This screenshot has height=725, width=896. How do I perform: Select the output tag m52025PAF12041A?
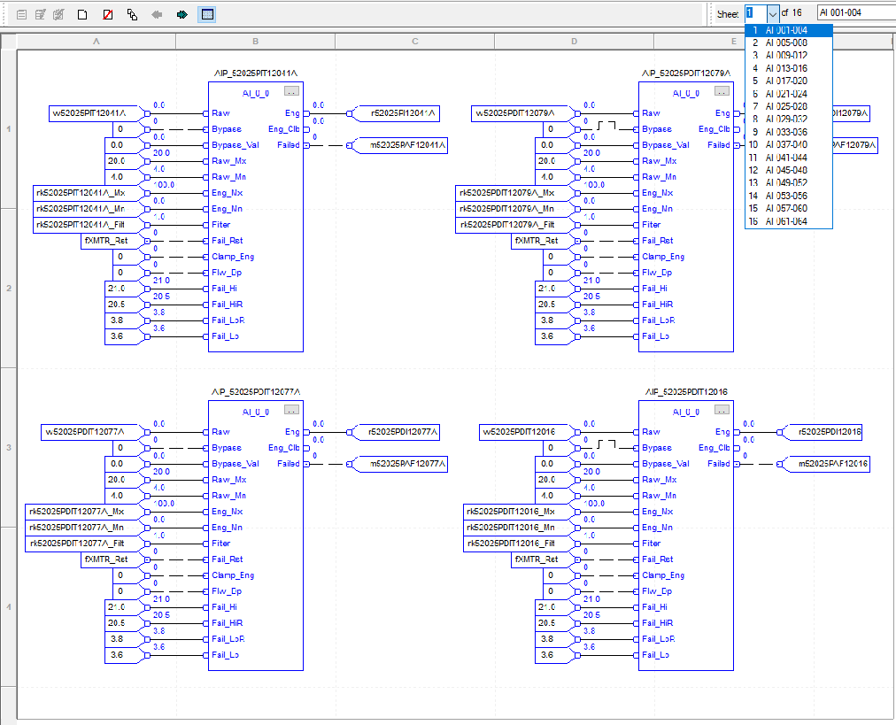point(399,145)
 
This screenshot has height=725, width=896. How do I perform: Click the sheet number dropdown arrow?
point(773,13)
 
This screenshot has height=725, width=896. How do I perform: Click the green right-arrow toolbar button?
point(182,14)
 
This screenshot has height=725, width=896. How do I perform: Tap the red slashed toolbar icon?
point(107,14)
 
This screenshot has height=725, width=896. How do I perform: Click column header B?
point(255,42)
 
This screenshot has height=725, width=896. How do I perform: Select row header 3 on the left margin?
point(8,447)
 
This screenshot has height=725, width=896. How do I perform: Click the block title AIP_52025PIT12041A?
point(255,73)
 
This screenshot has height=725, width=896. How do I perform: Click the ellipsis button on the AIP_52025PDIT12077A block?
point(291,410)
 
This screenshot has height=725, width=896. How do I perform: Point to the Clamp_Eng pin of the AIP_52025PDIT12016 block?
point(663,575)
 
